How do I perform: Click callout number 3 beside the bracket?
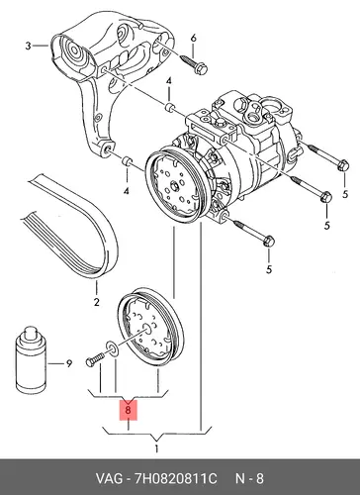28,46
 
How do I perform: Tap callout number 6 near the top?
193,38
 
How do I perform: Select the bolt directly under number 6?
195,64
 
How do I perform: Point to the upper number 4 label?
169,81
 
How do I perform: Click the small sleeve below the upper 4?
169,107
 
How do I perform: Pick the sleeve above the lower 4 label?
128,161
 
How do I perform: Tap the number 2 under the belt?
96,302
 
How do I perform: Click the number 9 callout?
68,363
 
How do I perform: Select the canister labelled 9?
31,358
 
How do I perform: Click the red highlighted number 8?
129,410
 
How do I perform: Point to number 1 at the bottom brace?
156,448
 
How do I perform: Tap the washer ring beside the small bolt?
111,348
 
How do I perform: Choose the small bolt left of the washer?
95,359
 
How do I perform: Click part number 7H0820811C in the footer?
175,478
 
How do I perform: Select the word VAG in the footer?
109,478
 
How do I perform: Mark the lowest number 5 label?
269,269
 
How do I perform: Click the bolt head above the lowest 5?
269,242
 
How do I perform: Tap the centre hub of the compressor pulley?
174,185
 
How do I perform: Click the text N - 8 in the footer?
249,478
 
